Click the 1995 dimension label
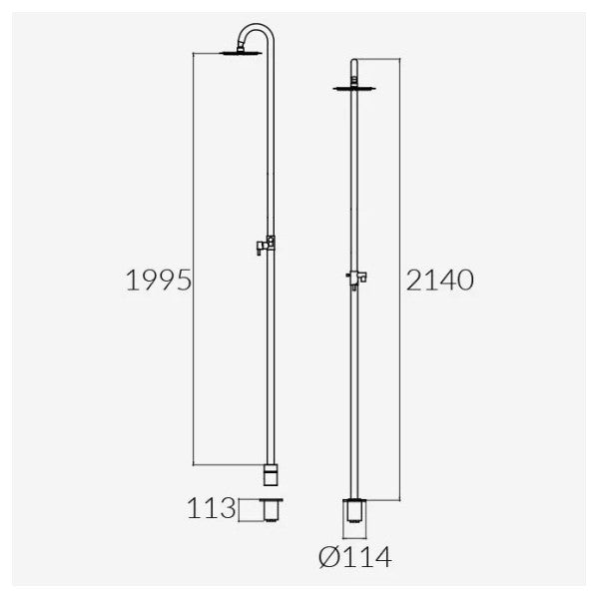[159, 280]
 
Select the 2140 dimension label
[439, 280]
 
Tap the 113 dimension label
[212, 508]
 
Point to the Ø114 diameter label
[354, 557]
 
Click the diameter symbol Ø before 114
[328, 557]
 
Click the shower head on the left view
[241, 53]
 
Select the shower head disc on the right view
[354, 89]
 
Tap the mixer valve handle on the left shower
[260, 248]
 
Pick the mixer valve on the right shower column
[356, 278]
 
